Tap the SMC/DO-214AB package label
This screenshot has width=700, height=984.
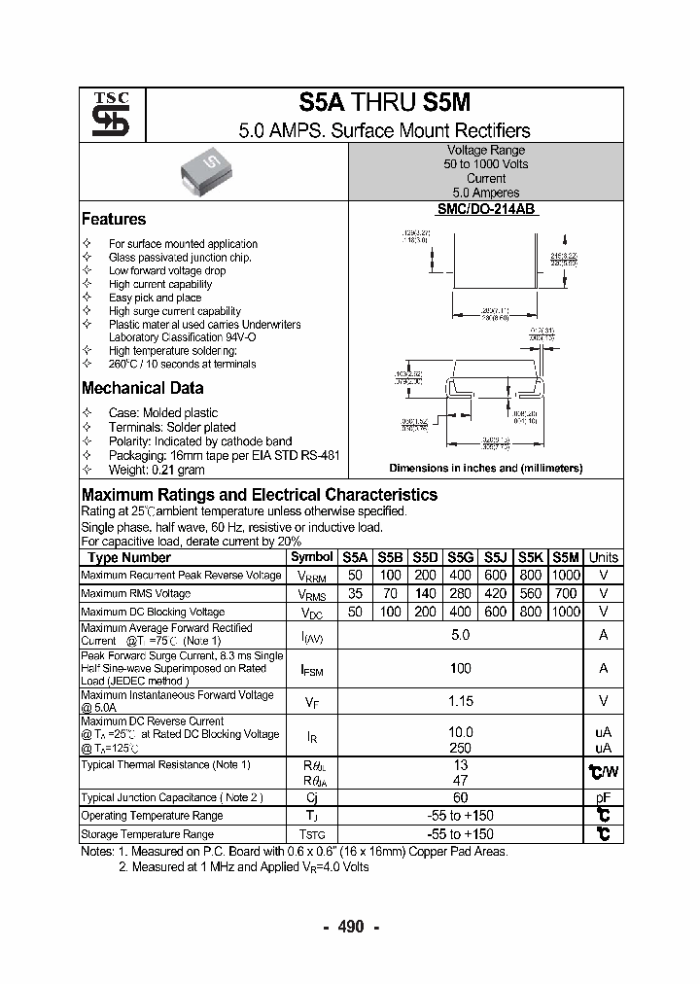(485, 209)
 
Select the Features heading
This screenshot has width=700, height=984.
(114, 220)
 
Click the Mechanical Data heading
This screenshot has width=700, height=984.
(142, 388)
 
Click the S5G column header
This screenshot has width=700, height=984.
(460, 557)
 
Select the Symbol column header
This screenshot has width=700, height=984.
(311, 557)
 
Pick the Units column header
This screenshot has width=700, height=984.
(603, 557)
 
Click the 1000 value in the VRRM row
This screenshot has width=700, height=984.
(566, 575)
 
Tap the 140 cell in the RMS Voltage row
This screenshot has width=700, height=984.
(425, 593)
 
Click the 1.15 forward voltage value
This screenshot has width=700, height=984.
(461, 700)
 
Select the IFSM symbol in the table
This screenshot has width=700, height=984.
(311, 669)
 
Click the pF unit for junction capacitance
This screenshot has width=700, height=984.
(603, 797)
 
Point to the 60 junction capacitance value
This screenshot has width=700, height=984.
(461, 797)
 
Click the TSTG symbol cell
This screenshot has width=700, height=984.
(311, 834)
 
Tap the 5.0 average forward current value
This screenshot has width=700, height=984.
(461, 635)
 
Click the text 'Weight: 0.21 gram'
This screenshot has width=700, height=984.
(157, 470)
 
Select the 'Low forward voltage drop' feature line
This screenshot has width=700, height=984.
(167, 271)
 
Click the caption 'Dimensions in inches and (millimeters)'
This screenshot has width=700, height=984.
(485, 468)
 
